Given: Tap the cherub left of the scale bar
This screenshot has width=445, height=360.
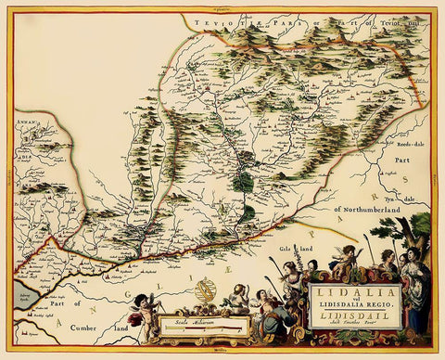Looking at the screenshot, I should coord(144,316).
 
